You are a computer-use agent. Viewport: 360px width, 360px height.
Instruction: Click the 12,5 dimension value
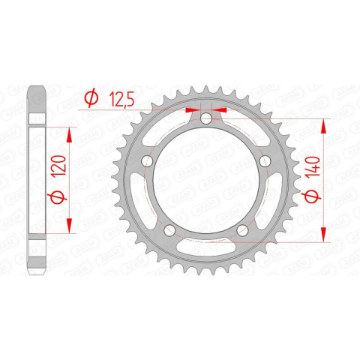pyautogui.click(x=121, y=100)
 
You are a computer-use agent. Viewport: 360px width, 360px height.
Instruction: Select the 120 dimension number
pyautogui.click(x=60, y=166)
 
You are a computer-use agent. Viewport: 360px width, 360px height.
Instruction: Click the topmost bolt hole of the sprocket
pyautogui.click(x=206, y=118)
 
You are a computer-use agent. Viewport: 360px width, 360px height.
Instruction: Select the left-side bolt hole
pyautogui.click(x=147, y=161)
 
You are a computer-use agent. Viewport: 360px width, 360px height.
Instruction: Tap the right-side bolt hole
pyautogui.click(x=265, y=161)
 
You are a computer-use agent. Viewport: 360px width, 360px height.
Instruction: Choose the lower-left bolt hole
pyautogui.click(x=169, y=230)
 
